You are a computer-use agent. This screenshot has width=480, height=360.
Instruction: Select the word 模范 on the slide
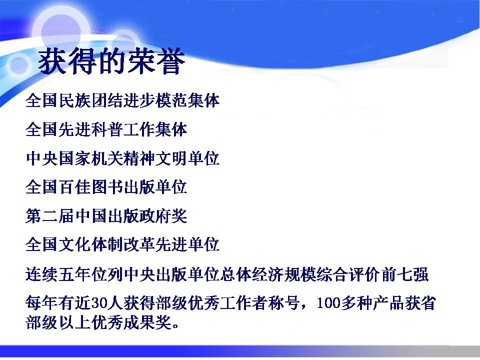(x=171, y=100)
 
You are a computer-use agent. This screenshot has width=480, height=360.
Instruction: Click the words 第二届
(x=50, y=216)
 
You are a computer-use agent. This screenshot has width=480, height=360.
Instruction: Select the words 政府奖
(x=163, y=216)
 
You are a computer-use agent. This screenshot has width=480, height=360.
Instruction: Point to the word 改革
(x=139, y=244)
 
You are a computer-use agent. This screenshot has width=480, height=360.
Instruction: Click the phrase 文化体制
(x=90, y=244)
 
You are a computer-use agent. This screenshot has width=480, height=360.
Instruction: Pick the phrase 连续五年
(x=58, y=274)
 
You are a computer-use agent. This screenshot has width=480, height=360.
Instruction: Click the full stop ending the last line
(x=175, y=325)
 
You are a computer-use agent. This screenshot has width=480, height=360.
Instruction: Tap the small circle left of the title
(x=19, y=65)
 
